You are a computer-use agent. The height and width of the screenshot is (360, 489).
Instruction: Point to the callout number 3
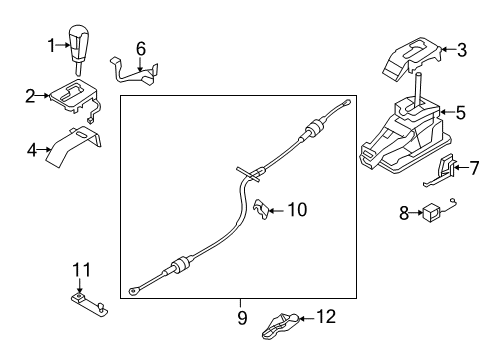[461, 48]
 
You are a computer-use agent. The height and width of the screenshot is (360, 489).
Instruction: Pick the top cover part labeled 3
[413, 58]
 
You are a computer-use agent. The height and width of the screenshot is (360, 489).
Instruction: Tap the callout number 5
[460, 114]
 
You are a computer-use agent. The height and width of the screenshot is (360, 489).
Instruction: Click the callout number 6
[141, 47]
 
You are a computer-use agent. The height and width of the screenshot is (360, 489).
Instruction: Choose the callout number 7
[474, 168]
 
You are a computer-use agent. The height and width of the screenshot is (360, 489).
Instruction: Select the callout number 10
[297, 210]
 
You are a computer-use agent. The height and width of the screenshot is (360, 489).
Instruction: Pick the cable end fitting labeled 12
[282, 323]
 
